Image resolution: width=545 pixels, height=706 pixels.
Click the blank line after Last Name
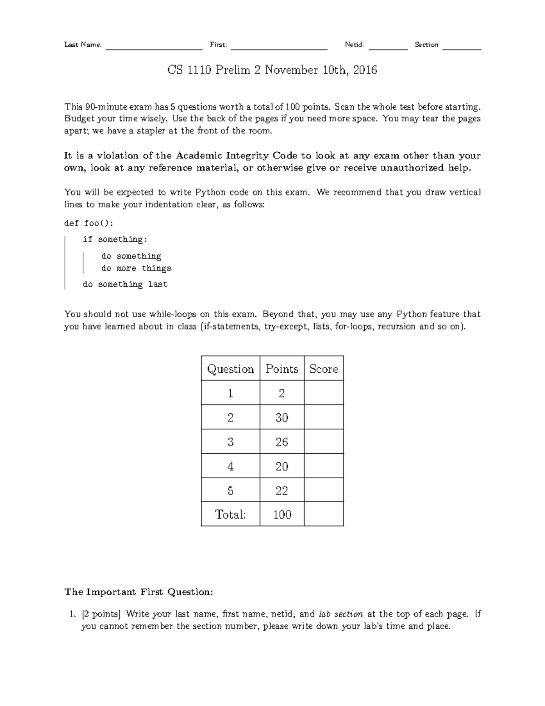(x=154, y=47)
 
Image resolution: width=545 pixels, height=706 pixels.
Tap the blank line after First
(x=279, y=47)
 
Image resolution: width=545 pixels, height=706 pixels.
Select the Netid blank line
(x=388, y=47)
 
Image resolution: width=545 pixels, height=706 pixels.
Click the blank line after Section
(x=461, y=47)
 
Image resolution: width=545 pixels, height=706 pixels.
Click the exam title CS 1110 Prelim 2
(x=272, y=70)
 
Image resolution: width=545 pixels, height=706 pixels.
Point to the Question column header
(x=230, y=369)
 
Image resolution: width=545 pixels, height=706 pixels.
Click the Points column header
(x=282, y=369)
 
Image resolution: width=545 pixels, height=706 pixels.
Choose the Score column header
(x=323, y=369)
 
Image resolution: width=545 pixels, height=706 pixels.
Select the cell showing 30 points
(x=282, y=417)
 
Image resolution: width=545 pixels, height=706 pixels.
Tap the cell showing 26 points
(x=282, y=442)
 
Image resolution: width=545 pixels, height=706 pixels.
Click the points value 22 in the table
(x=282, y=491)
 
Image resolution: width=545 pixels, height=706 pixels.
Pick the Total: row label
(x=230, y=515)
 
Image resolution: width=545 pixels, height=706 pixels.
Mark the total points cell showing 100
(x=282, y=515)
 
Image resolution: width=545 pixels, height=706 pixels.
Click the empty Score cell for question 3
(x=323, y=442)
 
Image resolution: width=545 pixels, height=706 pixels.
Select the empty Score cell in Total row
(x=323, y=515)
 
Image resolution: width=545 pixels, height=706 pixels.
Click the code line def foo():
(x=89, y=223)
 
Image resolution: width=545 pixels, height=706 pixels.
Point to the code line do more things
(x=136, y=268)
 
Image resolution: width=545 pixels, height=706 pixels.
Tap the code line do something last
(x=125, y=285)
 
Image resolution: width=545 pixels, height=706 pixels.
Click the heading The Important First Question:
(x=139, y=592)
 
